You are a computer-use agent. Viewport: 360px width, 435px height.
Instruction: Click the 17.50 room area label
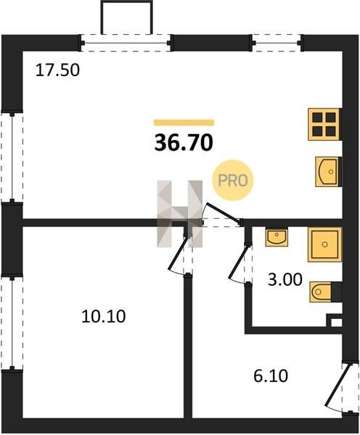coord(57,70)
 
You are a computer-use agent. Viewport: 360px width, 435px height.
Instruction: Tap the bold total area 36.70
coord(184,143)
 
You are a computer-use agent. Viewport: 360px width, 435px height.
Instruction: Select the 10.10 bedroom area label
coord(103,317)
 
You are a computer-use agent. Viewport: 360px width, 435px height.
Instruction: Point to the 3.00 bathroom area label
coord(285,279)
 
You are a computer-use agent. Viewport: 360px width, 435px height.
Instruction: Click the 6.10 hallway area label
coord(271,376)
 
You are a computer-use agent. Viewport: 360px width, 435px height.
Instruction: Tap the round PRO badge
coord(233,181)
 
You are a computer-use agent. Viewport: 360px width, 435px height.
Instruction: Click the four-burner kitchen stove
coord(324,124)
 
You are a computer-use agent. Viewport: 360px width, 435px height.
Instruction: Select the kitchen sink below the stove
coord(327,171)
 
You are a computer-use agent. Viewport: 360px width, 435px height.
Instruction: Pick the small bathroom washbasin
coord(277,237)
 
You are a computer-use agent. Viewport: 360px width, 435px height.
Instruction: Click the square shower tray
coord(324,244)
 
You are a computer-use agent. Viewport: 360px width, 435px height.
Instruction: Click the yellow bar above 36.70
coord(184,123)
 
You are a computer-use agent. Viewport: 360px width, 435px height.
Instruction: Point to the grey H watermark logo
coord(180,214)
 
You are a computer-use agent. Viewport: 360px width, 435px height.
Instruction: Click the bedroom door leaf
coord(178,254)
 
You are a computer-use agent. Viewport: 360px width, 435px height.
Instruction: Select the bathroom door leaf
coord(238,262)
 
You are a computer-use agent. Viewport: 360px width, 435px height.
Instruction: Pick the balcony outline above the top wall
coord(127,17)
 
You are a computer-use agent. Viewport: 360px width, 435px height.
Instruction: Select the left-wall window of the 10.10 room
coord(12,323)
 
